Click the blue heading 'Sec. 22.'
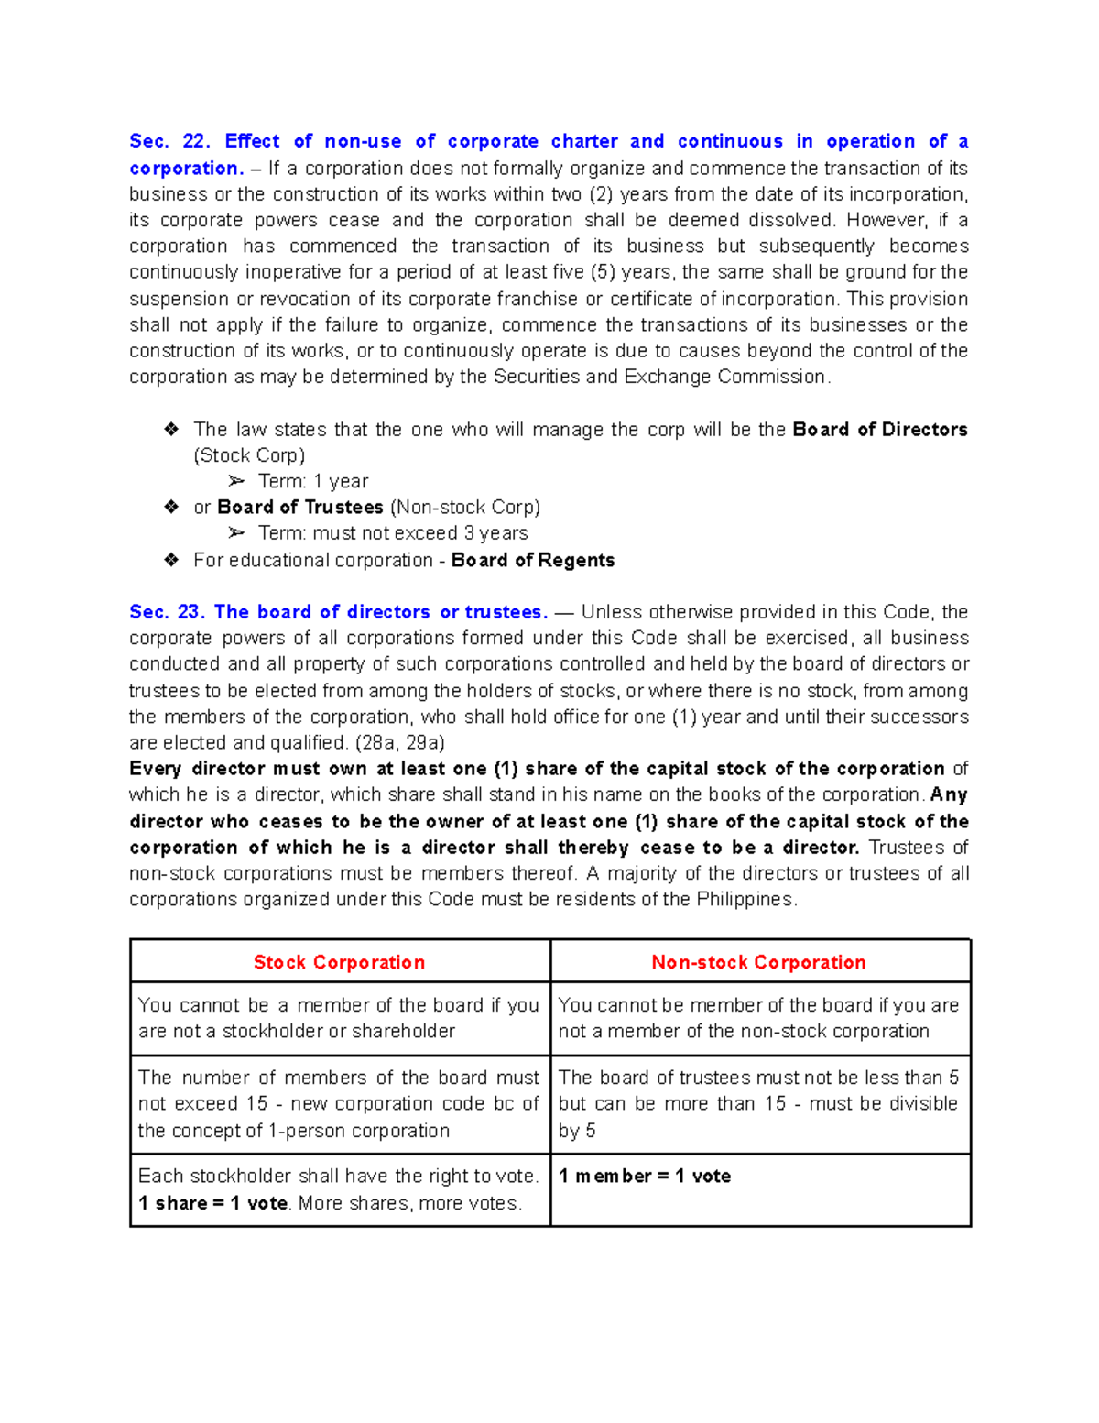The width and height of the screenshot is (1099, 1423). (x=169, y=141)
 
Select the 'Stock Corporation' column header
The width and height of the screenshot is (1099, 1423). (x=339, y=962)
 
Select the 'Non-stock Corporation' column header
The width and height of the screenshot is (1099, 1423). (x=758, y=962)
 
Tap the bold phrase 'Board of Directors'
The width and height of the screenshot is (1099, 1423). (x=879, y=430)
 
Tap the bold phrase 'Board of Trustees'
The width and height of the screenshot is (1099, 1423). (x=300, y=508)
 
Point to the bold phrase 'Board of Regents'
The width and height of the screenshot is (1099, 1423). (x=533, y=560)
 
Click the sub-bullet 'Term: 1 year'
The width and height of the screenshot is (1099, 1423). (x=313, y=482)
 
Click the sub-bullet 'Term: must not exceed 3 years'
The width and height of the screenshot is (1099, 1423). (x=393, y=533)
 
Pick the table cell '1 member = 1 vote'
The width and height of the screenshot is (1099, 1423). (x=645, y=1177)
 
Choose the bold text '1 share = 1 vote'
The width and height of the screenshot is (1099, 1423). (x=213, y=1203)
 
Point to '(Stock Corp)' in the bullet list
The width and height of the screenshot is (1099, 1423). (x=249, y=455)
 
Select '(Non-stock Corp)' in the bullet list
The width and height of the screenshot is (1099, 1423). (x=465, y=508)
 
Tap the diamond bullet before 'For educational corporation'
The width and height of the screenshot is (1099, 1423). (x=171, y=560)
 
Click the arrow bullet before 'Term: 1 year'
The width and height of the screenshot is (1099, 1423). (x=236, y=482)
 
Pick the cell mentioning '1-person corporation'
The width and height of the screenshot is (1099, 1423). (x=339, y=1104)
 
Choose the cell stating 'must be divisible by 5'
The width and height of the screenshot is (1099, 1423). (x=758, y=1104)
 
